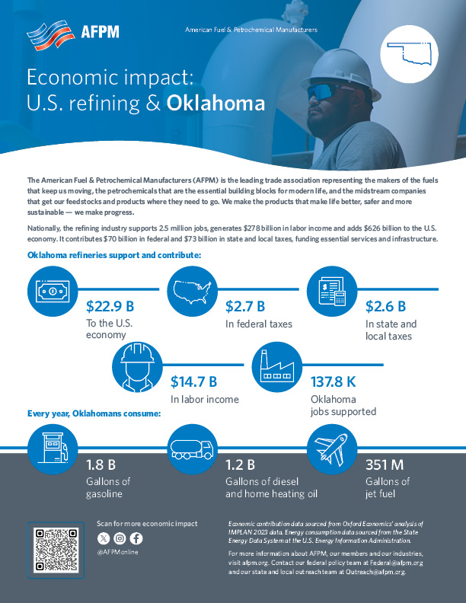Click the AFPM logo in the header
pyautogui.click(x=72, y=33)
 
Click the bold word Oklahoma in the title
pyautogui.click(x=215, y=103)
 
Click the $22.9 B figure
pyautogui.click(x=110, y=307)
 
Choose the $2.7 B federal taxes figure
pyautogui.click(x=245, y=307)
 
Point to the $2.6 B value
pyautogui.click(x=385, y=307)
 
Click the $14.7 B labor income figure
pyautogui.click(x=193, y=381)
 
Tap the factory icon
pyautogui.click(x=277, y=365)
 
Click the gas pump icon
pyautogui.click(x=53, y=448)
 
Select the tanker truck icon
pyautogui.click(x=193, y=448)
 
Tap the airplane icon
pyautogui.click(x=332, y=448)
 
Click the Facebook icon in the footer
pyautogui.click(x=136, y=539)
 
